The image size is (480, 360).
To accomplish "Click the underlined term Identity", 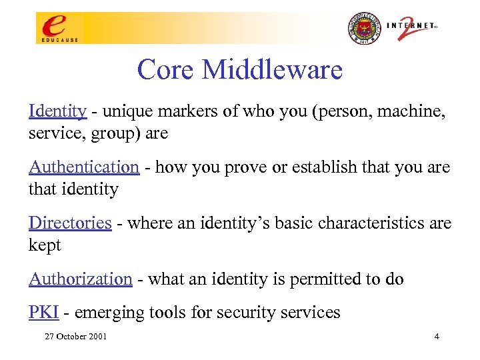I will (x=57, y=111).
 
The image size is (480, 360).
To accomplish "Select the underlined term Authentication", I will (x=83, y=167).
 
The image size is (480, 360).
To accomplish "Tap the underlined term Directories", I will (x=69, y=223).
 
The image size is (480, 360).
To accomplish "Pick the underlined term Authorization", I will (x=80, y=279).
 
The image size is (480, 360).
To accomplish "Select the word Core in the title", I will (x=165, y=69).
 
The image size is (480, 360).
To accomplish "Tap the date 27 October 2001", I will (x=75, y=336).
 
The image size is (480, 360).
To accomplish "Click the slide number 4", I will (x=436, y=336).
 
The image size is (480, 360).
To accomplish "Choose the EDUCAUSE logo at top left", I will (x=59, y=29).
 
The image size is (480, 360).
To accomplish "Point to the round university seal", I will (x=363, y=29).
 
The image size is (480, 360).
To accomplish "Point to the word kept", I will (x=45, y=245).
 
